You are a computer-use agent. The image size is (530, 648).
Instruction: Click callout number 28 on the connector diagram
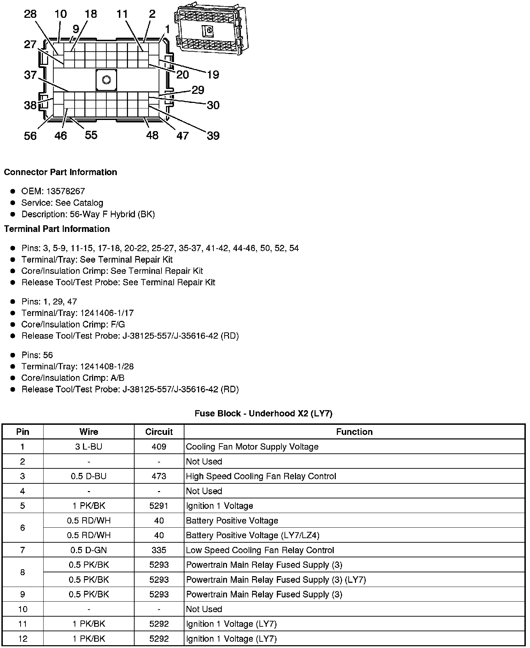(30, 14)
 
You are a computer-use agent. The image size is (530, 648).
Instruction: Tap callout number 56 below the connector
(30, 136)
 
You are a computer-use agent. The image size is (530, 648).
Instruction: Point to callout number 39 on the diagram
(213, 136)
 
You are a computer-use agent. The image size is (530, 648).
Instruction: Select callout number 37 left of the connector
(30, 75)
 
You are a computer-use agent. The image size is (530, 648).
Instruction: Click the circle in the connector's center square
(106, 80)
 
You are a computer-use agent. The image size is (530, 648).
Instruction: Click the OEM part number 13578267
(66, 191)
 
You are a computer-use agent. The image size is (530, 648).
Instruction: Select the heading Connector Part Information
(61, 172)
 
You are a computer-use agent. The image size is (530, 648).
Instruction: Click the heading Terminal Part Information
(57, 229)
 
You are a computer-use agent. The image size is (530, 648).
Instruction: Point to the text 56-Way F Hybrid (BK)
(113, 214)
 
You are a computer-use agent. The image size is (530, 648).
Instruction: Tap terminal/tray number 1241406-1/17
(107, 313)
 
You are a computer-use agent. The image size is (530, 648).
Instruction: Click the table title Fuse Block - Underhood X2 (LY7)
(264, 414)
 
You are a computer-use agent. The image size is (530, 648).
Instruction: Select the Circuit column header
(159, 432)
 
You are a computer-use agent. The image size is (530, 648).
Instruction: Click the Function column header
(354, 432)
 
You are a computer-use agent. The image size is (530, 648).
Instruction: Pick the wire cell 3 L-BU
(89, 447)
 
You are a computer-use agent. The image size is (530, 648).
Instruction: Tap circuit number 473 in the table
(159, 476)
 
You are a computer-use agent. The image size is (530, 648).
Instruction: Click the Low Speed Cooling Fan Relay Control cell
(260, 550)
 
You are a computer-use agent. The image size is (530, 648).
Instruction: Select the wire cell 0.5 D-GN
(89, 550)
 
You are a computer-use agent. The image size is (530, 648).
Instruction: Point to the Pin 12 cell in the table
(23, 639)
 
